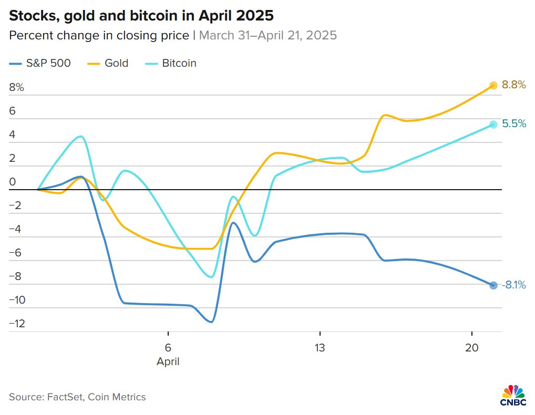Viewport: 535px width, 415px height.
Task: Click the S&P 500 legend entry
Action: (x=40, y=64)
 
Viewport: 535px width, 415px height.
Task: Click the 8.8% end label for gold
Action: (x=513, y=85)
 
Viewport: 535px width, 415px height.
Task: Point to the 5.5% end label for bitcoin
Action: (x=514, y=124)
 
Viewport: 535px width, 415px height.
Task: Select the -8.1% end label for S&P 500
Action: (x=513, y=285)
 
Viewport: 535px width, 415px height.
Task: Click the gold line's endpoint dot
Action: (x=493, y=85)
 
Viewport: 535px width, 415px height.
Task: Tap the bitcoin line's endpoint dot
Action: (x=493, y=124)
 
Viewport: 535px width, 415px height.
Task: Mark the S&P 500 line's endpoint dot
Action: (x=493, y=285)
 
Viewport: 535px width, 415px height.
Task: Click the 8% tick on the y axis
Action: (x=17, y=88)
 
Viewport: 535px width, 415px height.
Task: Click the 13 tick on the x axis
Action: (x=320, y=348)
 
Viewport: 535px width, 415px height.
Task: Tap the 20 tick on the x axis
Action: (x=472, y=348)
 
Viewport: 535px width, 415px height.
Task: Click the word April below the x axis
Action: (x=168, y=362)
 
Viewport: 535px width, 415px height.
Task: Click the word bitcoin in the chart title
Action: (x=147, y=16)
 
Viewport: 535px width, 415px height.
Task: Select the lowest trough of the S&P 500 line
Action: (x=211, y=322)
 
